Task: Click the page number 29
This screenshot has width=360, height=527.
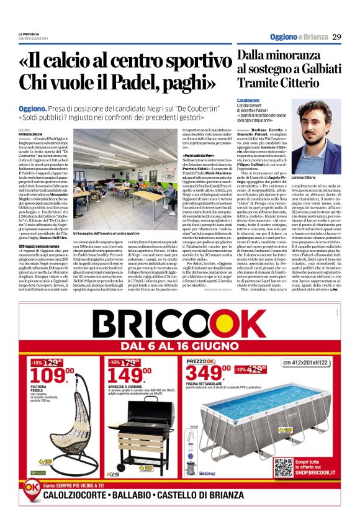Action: (336, 37)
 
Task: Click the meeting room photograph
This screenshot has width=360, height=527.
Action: (114, 186)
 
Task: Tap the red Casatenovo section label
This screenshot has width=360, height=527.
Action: (248, 99)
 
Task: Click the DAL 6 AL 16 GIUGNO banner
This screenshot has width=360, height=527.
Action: (179, 343)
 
